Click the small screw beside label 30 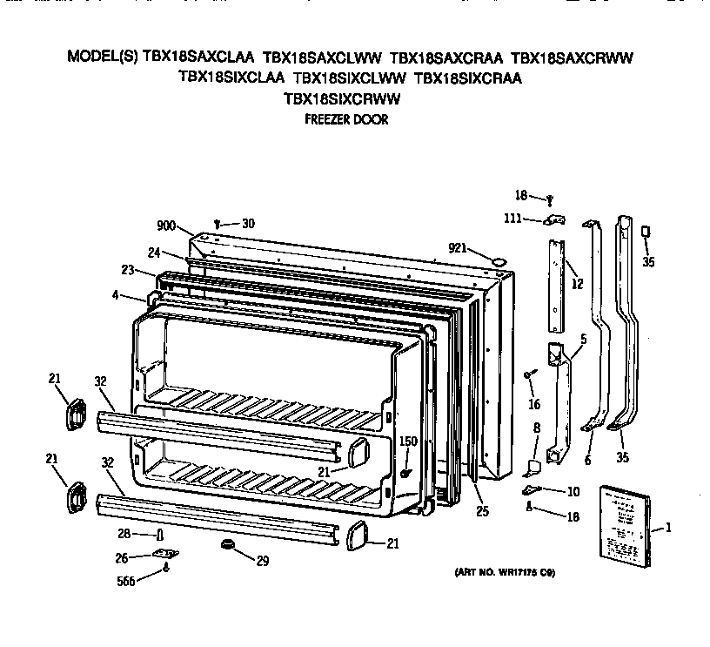click(x=217, y=225)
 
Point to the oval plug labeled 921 click(x=499, y=259)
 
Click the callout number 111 click(x=514, y=219)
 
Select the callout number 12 click(x=577, y=283)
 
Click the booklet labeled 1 click(x=625, y=525)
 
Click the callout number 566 click(x=127, y=583)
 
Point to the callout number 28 click(x=124, y=534)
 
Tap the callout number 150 click(x=407, y=441)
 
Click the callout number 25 click(x=481, y=512)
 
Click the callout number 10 click(x=572, y=492)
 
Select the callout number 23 click(x=127, y=271)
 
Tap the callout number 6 click(x=588, y=459)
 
